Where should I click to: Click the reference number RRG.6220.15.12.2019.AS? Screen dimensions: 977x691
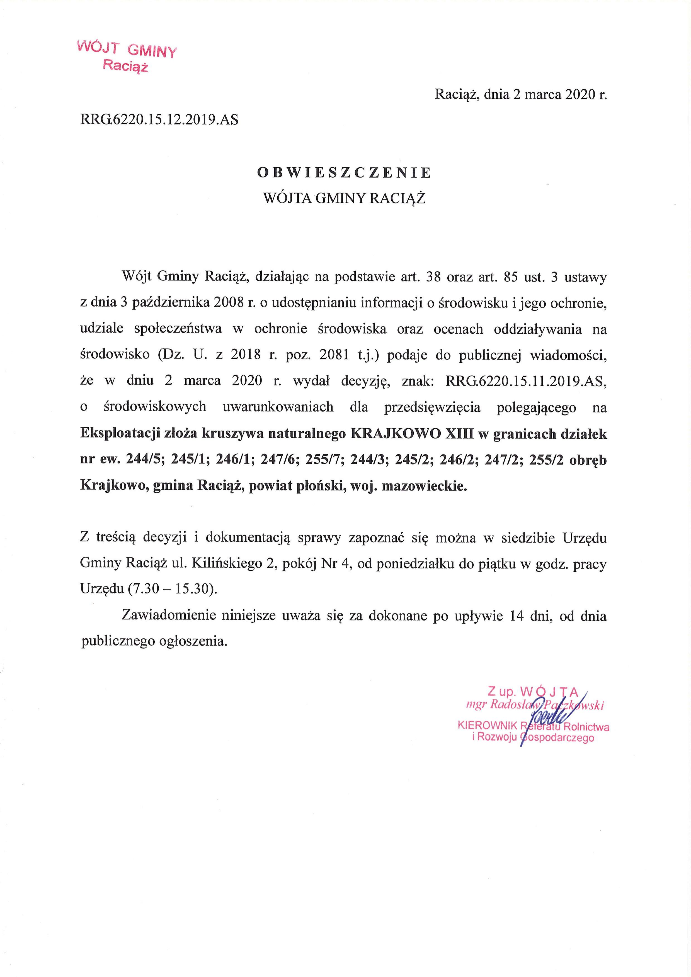(159, 120)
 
